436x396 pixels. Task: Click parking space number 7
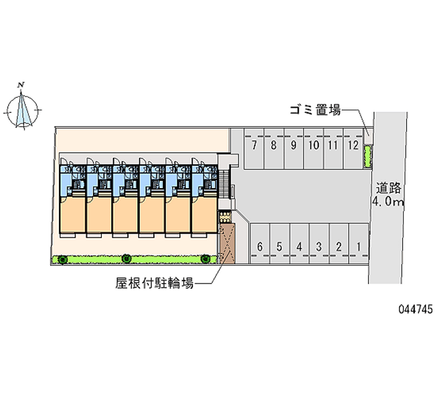254,145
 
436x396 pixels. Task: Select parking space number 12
353,145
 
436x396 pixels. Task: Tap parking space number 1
358,247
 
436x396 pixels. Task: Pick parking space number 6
260,247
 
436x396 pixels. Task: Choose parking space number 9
293,145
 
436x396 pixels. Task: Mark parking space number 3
319,247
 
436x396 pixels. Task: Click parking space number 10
313,145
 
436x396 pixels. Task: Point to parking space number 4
299,247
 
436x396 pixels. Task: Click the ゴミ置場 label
315,111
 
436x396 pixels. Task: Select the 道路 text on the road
389,189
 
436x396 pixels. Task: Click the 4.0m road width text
388,203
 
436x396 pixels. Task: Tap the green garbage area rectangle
367,156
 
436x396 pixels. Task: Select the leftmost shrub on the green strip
63,259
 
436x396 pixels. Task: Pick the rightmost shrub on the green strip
205,259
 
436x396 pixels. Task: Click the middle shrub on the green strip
126,259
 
